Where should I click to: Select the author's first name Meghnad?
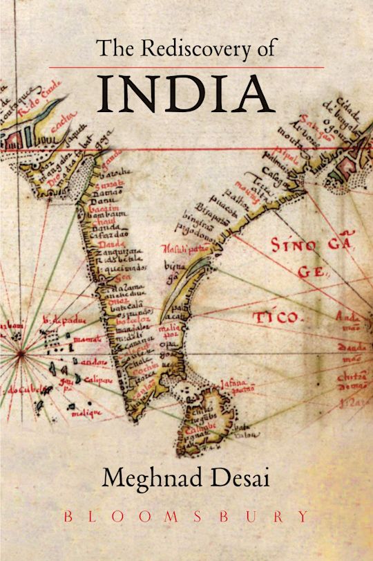point(146,479)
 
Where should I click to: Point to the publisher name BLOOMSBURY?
point(186,516)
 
